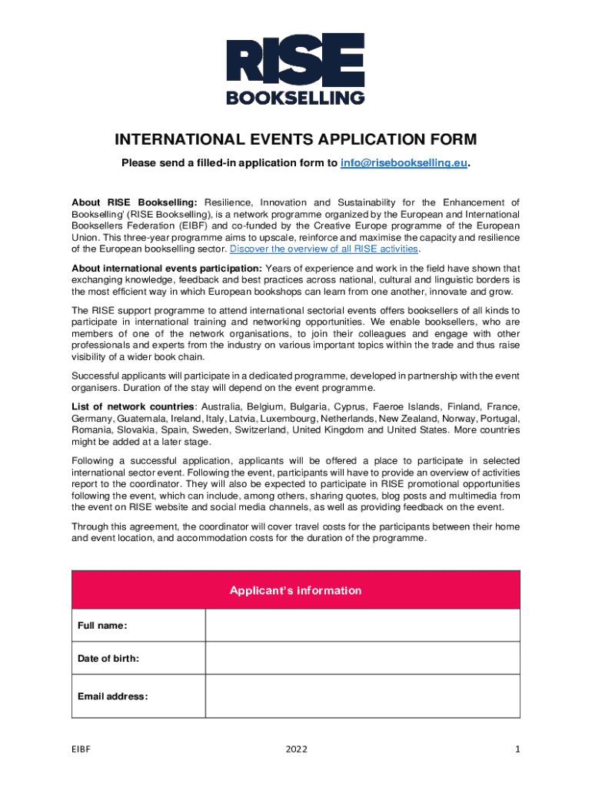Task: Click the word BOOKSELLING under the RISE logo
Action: [295, 97]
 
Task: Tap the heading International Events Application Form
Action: [295, 140]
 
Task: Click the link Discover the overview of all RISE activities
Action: [324, 249]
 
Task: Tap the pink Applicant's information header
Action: [295, 590]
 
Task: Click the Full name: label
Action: [102, 626]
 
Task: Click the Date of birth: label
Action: [108, 659]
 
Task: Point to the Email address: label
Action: [113, 696]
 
